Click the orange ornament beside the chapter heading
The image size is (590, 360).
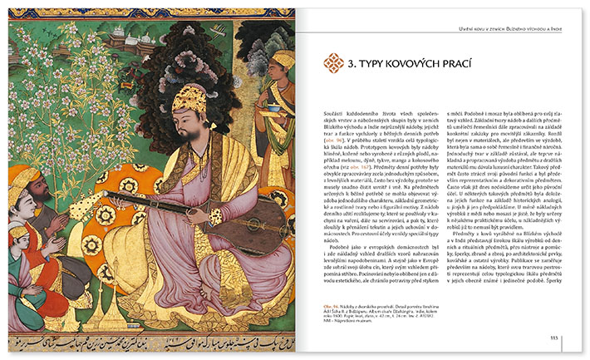coord(332,62)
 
